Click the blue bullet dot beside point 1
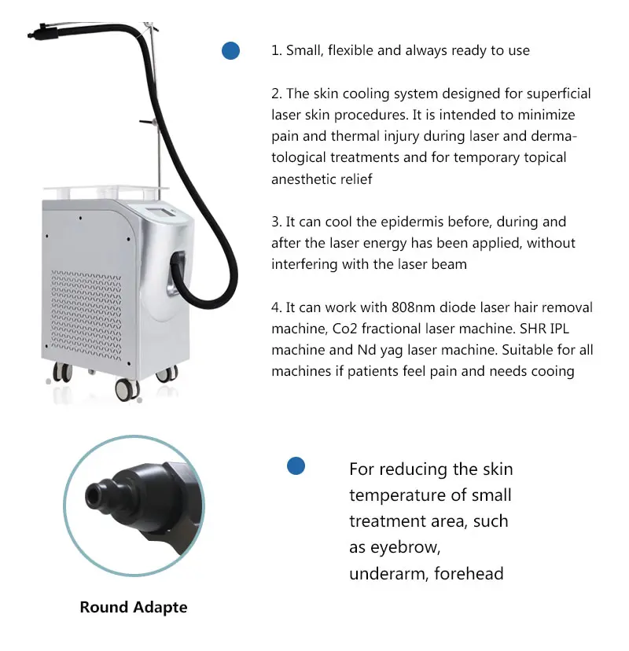coord(230,50)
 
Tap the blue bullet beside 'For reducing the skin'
coord(296,466)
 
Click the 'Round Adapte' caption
coord(134,607)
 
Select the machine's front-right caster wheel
coord(126,388)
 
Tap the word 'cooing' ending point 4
coord(554,370)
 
